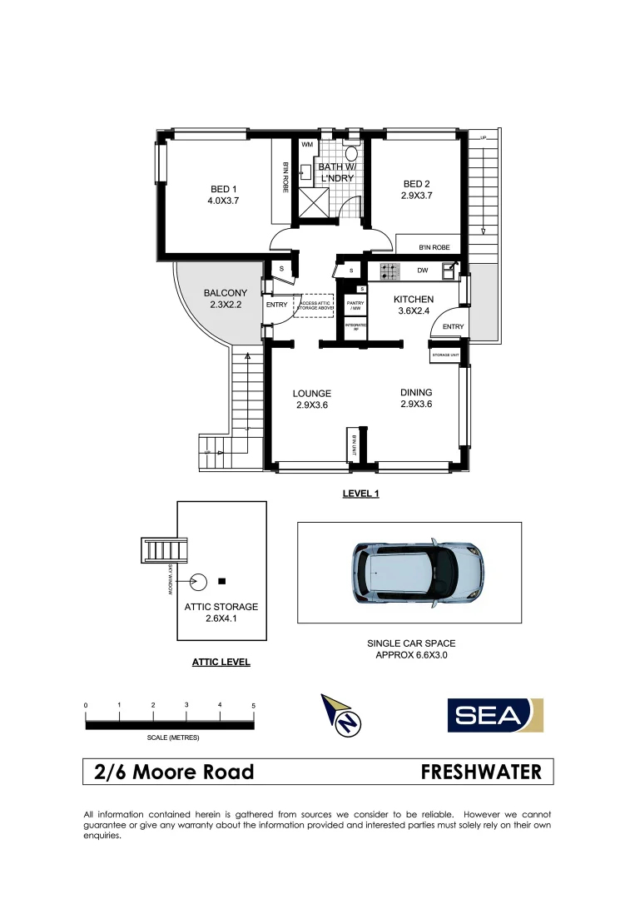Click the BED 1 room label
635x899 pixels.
coord(223,189)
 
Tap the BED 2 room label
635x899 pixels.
coord(417,184)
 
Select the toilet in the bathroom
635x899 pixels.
coord(351,153)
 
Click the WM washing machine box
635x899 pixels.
coord(307,146)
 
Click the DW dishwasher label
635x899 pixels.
coord(423,271)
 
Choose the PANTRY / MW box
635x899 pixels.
coord(356,307)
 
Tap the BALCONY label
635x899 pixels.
coord(225,293)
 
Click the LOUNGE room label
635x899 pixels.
coord(312,394)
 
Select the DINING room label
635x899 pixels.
coord(416,393)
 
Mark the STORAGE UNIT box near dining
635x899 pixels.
coord(445,355)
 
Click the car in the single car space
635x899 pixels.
coord(416,573)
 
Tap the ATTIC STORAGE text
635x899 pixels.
coord(221,608)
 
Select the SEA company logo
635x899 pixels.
coord(495,715)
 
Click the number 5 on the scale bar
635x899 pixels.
coord(253,705)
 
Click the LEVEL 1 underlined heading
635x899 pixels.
coord(360,494)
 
